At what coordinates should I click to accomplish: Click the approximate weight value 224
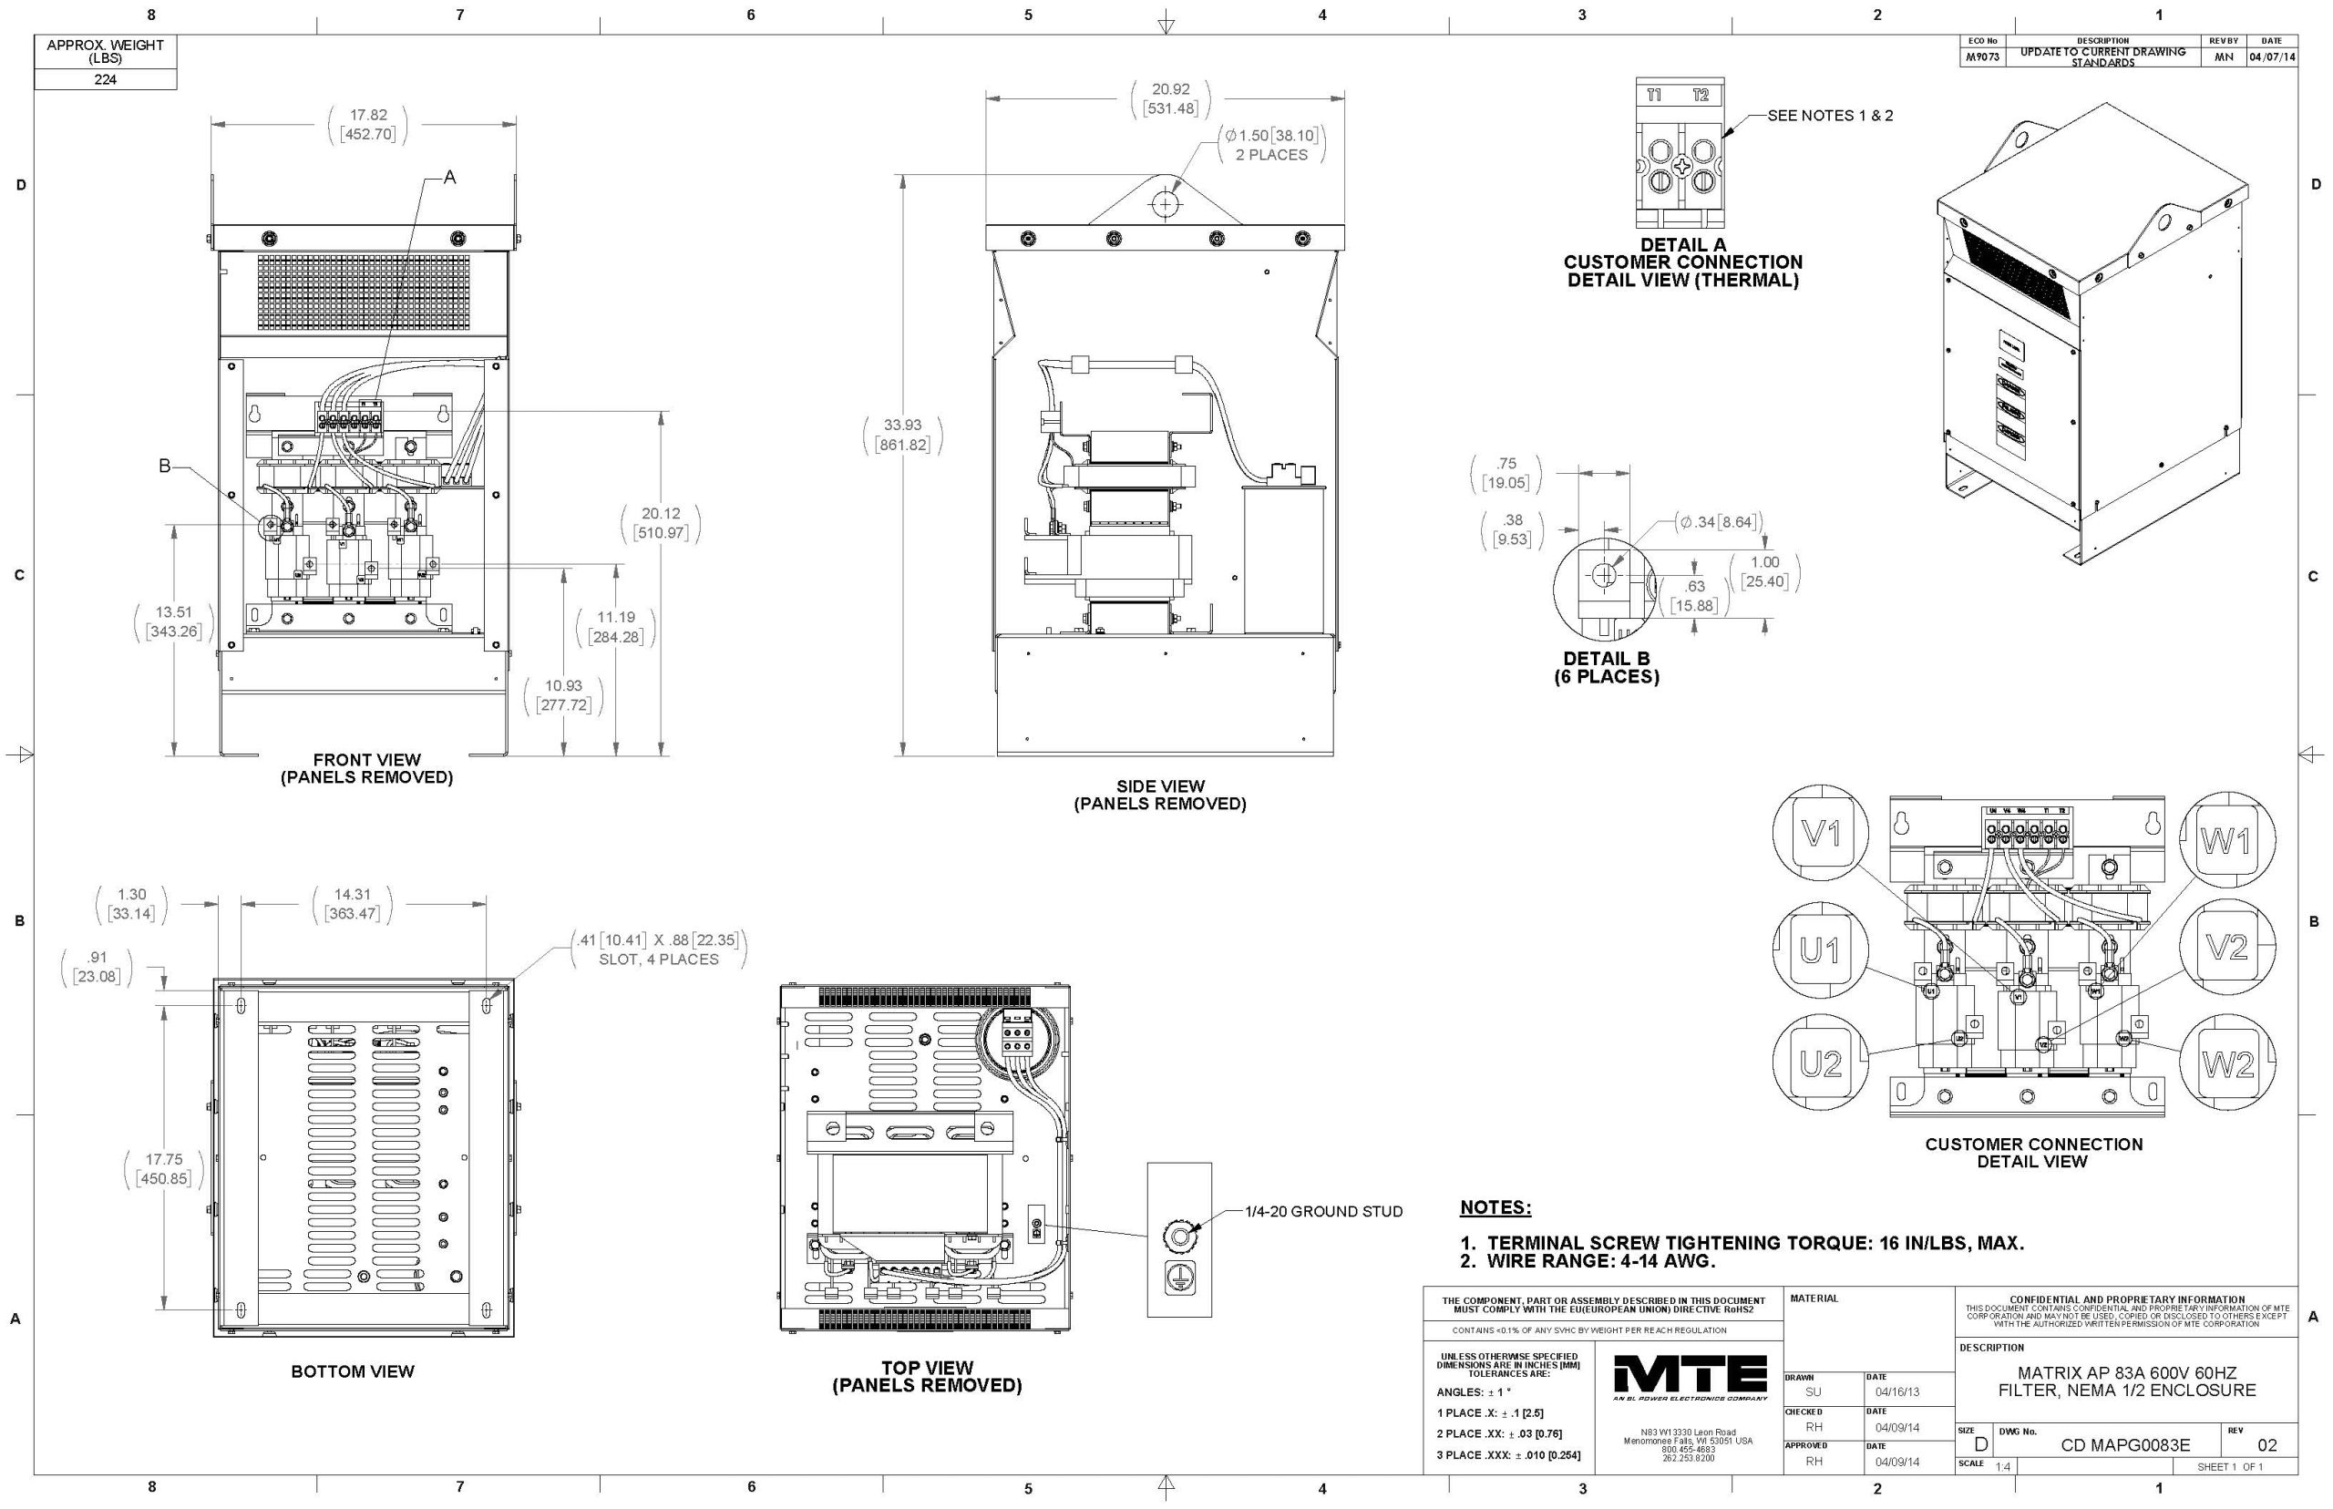[105, 79]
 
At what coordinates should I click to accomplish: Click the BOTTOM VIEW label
[353, 1371]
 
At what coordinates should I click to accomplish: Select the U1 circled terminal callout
[1820, 950]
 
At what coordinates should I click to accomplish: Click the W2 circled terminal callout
[2227, 1063]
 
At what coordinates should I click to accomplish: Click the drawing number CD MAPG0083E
[2125, 1445]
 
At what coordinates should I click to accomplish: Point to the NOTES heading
[1495, 1207]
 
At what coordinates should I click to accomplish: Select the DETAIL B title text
[1606, 659]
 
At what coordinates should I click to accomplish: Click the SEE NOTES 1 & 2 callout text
[1829, 116]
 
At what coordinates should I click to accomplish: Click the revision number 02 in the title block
[2266, 1445]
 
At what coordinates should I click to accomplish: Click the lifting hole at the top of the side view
[1165, 204]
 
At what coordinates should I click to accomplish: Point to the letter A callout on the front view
[450, 178]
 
